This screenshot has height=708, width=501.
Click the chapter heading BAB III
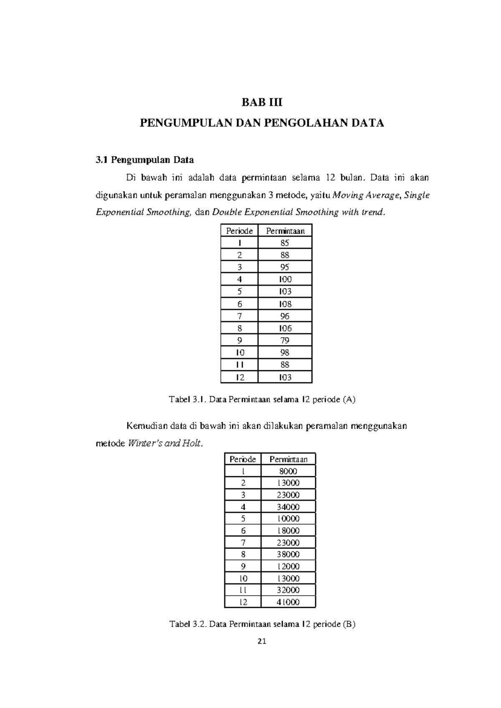[x=262, y=102]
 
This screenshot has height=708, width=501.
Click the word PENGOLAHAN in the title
[x=301, y=123]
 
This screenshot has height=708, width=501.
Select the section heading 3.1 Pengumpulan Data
[x=145, y=160]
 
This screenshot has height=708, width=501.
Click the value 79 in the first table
[x=285, y=340]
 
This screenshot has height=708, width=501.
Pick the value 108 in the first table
[x=285, y=304]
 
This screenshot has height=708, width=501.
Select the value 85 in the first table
[x=285, y=243]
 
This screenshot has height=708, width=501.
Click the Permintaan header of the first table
[x=285, y=231]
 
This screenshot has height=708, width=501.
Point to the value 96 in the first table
[x=285, y=316]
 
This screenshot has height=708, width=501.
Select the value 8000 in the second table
[x=288, y=471]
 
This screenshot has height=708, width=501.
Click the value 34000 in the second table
[x=288, y=507]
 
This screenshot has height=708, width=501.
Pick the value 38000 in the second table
[x=288, y=554]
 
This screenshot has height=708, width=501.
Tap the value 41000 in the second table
[x=288, y=602]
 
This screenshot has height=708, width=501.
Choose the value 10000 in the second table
[x=288, y=519]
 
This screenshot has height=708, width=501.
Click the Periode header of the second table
[x=243, y=459]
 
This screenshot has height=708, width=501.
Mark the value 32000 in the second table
[x=288, y=590]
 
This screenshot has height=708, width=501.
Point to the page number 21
[x=262, y=642]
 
